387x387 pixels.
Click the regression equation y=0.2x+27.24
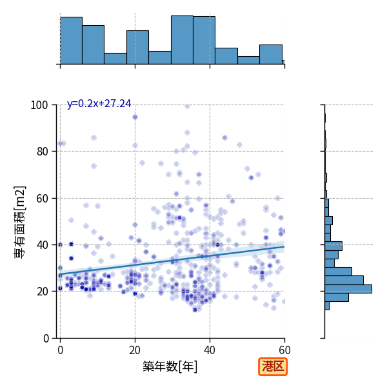(99, 104)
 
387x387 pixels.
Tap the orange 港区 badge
(273, 366)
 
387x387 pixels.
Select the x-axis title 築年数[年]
(170, 366)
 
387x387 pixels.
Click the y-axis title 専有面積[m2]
(20, 222)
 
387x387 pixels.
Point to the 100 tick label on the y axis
(39, 105)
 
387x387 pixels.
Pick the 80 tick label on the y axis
(42, 152)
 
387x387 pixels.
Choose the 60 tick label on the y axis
(42, 199)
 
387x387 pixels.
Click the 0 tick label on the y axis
(46, 339)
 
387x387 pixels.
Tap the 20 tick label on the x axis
(135, 350)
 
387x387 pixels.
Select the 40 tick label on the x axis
(210, 350)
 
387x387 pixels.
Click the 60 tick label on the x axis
(284, 350)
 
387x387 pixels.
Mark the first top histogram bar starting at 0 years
(72, 41)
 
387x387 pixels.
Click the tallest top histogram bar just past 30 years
(182, 40)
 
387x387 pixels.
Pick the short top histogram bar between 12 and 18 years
(115, 59)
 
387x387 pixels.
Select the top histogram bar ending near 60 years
(271, 55)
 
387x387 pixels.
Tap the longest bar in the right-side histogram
(348, 289)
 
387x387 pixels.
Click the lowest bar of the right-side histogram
(327, 306)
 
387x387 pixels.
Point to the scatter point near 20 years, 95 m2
(135, 117)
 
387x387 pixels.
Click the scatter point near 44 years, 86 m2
(224, 138)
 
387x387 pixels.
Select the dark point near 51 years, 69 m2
(252, 178)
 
